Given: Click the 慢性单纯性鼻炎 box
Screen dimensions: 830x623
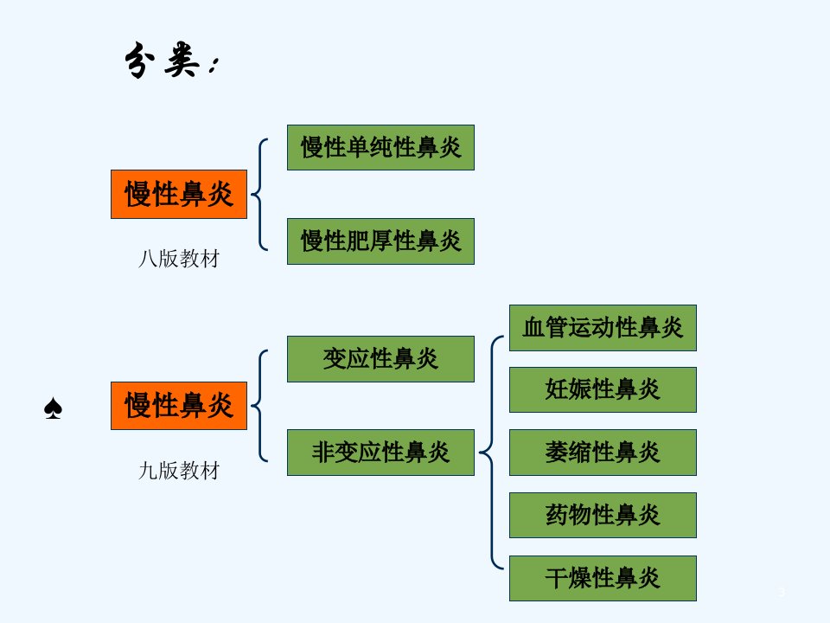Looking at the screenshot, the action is [380, 147].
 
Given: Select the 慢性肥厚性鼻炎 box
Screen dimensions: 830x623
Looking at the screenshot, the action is [380, 241].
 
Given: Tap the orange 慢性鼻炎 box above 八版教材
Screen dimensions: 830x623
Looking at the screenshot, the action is [179, 194].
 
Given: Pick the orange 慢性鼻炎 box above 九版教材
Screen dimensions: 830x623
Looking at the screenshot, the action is [179, 405].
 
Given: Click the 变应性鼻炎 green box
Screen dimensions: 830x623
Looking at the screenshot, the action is [380, 358].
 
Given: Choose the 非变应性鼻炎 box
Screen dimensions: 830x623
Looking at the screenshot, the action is [380, 452].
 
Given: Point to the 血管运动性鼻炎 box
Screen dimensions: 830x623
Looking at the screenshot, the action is [603, 327].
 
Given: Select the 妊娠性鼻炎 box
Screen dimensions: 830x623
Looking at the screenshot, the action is [603, 389].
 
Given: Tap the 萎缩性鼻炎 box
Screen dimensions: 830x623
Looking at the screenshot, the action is [603, 452].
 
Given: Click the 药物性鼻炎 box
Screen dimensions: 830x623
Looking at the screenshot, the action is [603, 515].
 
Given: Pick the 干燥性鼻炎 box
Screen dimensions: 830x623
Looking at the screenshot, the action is [603, 578].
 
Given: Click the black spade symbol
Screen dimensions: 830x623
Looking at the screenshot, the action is [53, 408].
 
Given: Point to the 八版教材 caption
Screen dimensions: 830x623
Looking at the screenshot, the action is [179, 259].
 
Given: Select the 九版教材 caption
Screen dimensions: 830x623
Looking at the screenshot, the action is [179, 471].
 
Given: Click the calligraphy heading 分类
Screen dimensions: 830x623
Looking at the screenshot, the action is [170, 60].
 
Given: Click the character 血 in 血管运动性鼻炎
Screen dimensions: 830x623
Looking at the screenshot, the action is [533, 327].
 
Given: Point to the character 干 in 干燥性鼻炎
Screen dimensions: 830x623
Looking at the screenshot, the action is [556, 578].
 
